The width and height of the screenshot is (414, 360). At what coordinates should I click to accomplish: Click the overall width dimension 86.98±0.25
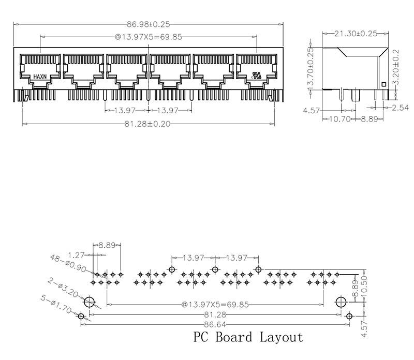point(149,23)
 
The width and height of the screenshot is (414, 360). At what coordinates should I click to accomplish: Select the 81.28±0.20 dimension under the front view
point(149,124)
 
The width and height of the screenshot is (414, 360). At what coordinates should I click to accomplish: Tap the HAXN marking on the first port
point(40,76)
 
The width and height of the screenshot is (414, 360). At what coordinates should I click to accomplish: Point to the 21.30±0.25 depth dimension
point(355,34)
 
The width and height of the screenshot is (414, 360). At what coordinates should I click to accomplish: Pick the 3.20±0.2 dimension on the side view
point(396,68)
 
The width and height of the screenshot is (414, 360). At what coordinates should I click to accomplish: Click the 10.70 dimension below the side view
point(340,119)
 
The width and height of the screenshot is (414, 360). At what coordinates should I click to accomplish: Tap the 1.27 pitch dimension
point(77,254)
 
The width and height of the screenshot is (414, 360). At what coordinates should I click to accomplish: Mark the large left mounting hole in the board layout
point(90,302)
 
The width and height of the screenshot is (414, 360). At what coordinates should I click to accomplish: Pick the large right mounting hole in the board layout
point(341,302)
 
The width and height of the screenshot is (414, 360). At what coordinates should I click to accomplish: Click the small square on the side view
point(383,84)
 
